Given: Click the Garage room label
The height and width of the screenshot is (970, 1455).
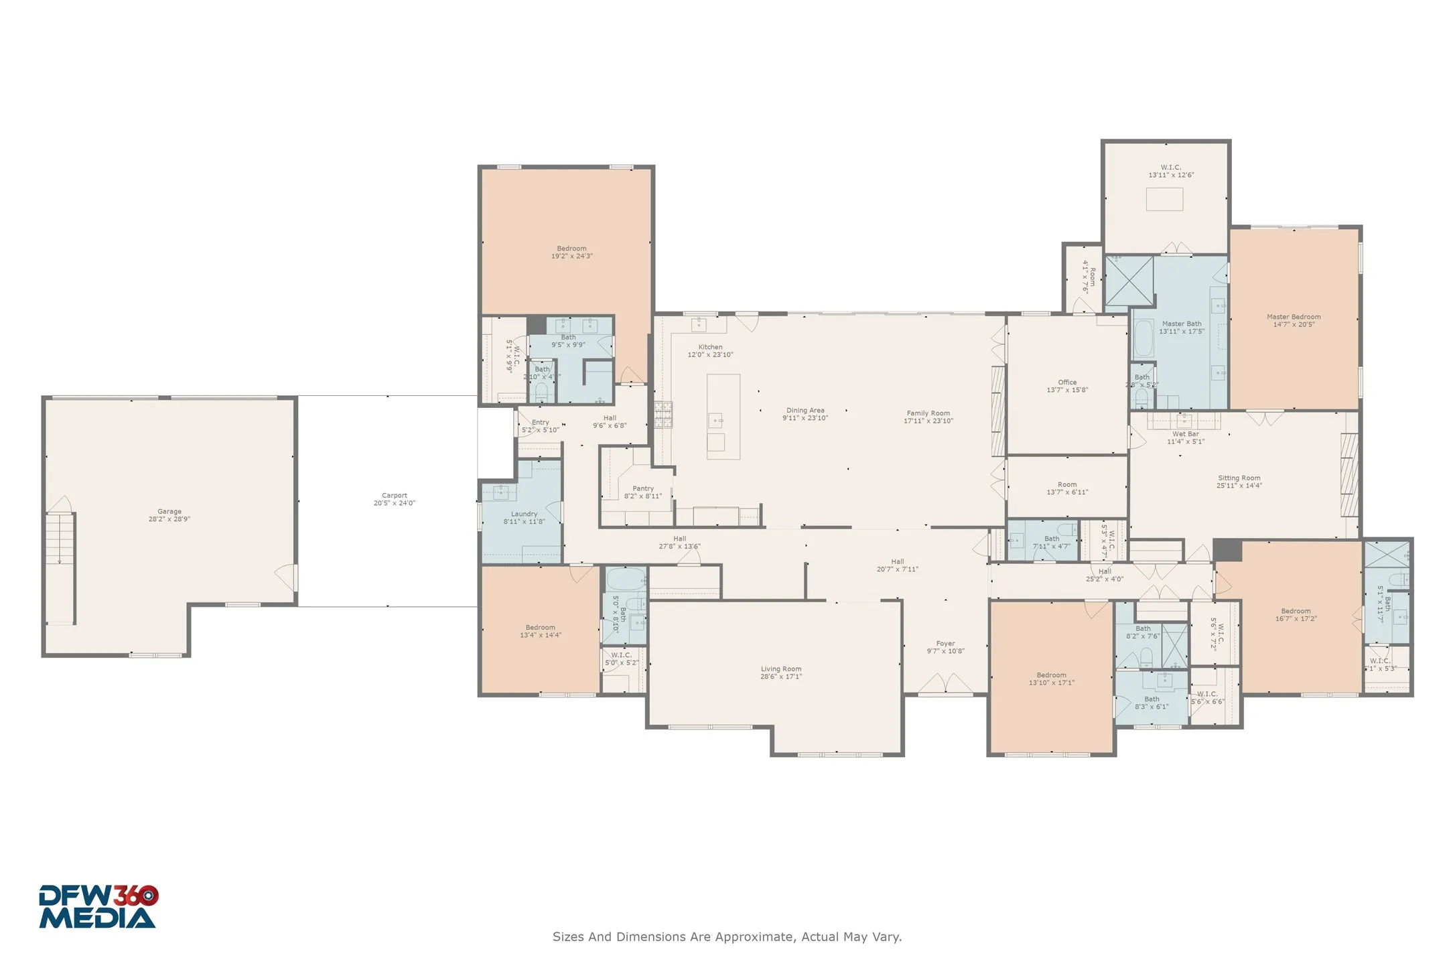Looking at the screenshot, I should point(169,515).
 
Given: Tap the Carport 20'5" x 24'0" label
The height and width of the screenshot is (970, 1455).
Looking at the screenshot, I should point(394,499).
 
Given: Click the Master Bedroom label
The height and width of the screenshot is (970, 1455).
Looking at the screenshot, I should point(1294,320).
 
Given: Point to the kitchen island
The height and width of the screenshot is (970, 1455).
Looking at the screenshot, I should point(723,416).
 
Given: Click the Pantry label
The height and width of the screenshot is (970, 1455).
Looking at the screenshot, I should point(642,492).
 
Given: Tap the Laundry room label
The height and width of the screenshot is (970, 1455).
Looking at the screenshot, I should point(524,517).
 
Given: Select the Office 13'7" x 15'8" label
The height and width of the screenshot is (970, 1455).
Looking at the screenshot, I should point(1067,386).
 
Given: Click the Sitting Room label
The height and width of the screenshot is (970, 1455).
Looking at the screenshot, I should point(1239,482).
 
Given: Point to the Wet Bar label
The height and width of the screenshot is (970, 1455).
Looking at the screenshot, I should point(1185,437).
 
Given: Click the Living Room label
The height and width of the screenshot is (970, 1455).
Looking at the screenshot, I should point(780,673).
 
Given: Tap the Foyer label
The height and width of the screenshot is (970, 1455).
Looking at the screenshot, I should point(945,647).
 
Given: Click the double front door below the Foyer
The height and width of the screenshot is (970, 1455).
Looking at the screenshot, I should point(945,685).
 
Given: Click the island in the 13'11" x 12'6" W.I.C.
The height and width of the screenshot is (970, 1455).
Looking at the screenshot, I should point(1164,200).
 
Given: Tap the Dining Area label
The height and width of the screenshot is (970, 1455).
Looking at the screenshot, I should point(805,414).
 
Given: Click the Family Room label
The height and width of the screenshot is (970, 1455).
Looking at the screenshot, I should point(928,417).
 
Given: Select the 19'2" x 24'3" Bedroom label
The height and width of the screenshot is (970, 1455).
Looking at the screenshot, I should point(571,252).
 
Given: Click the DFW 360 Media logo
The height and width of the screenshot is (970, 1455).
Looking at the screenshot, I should point(98,907).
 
